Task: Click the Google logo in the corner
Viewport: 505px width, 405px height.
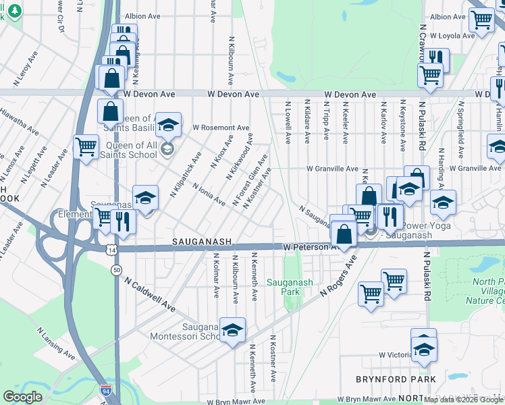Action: point(23,397)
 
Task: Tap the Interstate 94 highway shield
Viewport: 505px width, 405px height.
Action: point(105,390)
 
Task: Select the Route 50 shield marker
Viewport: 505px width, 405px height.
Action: point(117,270)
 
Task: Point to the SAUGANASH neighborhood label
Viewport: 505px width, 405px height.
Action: point(203,241)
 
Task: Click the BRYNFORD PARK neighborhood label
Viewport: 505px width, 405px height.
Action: point(396,380)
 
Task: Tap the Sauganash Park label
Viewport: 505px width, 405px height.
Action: point(290,287)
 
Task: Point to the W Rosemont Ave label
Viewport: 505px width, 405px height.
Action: point(221,128)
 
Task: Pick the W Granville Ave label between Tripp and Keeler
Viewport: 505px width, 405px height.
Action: point(332,169)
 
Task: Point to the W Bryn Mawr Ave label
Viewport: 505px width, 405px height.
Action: point(365,400)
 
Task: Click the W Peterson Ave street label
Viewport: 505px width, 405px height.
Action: point(310,248)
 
